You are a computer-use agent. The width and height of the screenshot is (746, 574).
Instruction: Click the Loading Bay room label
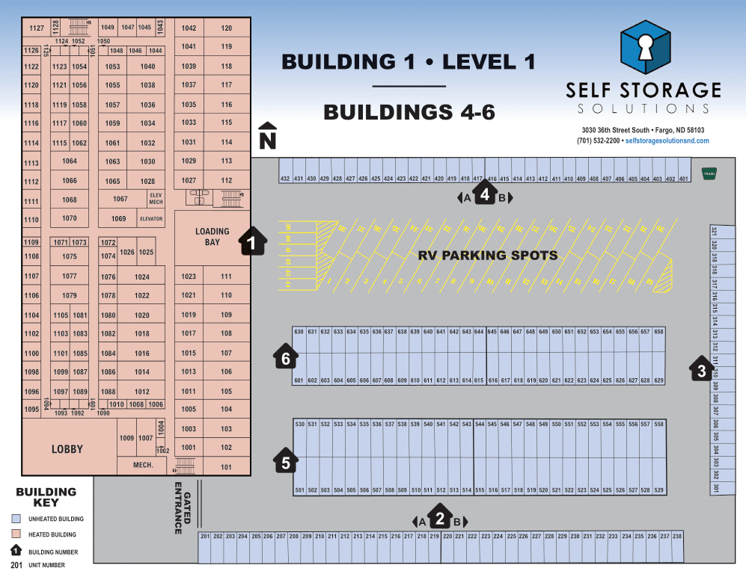point(212,236)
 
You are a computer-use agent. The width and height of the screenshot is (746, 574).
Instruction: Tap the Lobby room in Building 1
point(67,448)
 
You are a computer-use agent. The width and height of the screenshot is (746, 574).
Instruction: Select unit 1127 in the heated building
point(36,28)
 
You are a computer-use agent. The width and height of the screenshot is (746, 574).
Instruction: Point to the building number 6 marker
point(285,358)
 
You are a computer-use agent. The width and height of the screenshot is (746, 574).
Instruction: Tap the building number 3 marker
point(700,369)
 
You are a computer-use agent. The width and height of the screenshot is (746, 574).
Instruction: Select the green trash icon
point(709,173)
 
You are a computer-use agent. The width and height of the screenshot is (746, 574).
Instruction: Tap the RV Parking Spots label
point(487,255)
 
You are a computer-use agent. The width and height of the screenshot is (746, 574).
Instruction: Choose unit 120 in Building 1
point(227,28)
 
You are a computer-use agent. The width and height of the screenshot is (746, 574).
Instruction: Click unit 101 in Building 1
point(227,467)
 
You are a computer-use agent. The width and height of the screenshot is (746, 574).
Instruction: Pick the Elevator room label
point(151,219)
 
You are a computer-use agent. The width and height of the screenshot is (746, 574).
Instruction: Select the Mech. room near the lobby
point(143,465)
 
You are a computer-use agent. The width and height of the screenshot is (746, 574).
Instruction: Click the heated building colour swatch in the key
point(16,534)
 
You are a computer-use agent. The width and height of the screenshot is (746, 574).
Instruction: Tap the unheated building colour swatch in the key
point(16,518)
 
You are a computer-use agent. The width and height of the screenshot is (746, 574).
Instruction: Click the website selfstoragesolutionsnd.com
point(667,141)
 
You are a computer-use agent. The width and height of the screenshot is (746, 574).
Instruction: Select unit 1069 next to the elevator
point(118,218)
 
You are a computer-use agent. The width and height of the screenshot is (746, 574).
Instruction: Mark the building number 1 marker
point(253,242)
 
